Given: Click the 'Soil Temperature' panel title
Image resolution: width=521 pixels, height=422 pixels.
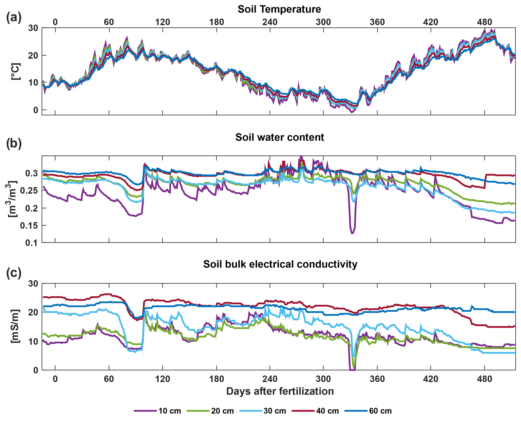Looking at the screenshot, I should [x=279, y=9].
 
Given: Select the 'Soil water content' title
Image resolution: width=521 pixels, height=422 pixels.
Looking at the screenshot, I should [x=280, y=137].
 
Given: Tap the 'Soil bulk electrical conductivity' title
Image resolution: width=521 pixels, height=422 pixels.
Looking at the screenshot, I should [x=280, y=264].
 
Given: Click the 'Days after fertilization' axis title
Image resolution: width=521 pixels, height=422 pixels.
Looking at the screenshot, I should [x=280, y=391].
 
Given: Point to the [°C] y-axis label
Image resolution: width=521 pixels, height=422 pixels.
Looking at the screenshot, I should [x=16, y=72].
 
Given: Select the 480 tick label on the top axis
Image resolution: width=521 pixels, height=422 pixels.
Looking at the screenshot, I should [x=484, y=22].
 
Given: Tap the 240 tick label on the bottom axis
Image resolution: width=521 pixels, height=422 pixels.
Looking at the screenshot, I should [x=270, y=379].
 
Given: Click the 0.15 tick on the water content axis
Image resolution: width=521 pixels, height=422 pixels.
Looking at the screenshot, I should [x=29, y=226].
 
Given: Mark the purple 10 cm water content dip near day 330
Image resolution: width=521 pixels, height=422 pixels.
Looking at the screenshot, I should [x=352, y=233].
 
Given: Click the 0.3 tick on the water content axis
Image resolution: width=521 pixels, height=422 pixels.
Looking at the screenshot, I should [x=32, y=173].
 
